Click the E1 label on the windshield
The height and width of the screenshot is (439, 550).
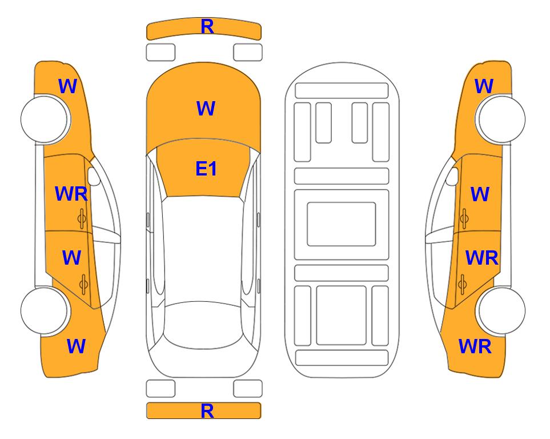206,169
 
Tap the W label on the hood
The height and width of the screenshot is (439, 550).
206,108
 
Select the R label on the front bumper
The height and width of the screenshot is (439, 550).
207,27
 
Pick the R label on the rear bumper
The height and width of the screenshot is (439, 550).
207,411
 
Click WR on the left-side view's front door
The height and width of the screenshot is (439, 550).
71,194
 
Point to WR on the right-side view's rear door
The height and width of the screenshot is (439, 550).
481,258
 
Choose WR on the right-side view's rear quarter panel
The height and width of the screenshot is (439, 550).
475,346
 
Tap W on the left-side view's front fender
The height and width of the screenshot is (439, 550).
67,86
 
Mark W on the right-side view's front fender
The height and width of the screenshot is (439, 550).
484,86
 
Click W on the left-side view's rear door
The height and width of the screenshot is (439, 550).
71,257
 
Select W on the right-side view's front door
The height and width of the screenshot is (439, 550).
480,194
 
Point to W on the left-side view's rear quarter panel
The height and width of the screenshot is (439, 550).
76,346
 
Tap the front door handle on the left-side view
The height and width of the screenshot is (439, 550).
82,218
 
